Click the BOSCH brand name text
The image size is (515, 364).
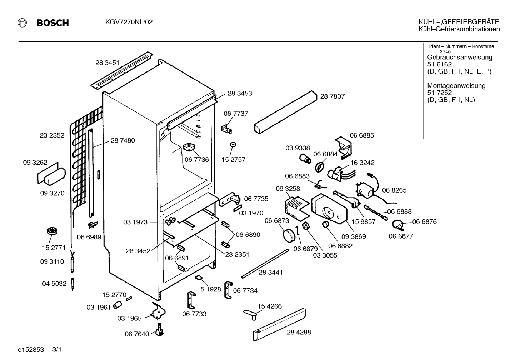[x=53, y=23]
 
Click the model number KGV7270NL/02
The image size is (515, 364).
[x=129, y=22]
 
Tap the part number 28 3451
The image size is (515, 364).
[x=107, y=63]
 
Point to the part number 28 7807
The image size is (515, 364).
[x=332, y=96]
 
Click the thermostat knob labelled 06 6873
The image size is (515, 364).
[x=289, y=235]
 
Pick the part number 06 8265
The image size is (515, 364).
[x=394, y=190]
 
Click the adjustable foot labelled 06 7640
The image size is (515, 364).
[x=159, y=329]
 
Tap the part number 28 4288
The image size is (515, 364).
[x=299, y=332]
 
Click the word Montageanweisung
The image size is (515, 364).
[x=456, y=85]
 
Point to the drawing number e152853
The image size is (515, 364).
[x=31, y=350]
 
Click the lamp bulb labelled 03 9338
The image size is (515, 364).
[x=305, y=159]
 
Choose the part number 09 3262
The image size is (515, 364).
[x=35, y=163]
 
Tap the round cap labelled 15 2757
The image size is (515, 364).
[x=233, y=145]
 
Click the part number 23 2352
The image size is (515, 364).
[x=52, y=135]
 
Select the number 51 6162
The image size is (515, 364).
[x=439, y=64]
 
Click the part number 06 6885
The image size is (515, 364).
[x=362, y=135]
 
